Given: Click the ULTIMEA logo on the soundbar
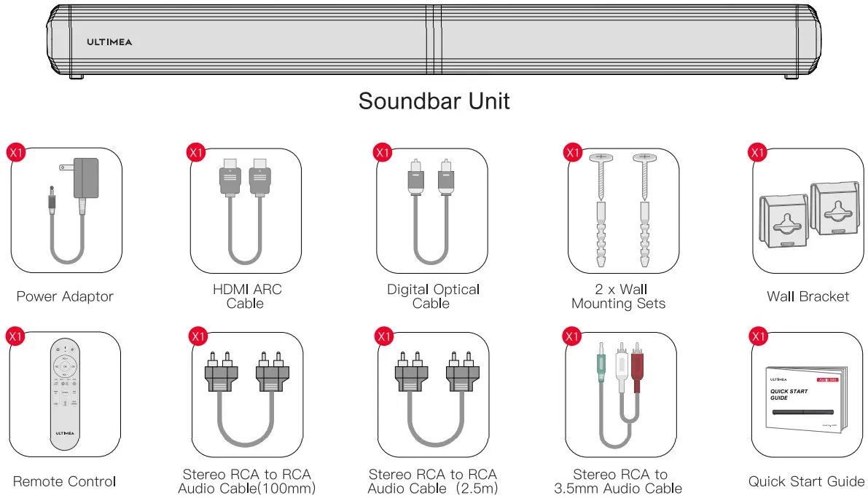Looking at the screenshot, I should pyautogui.click(x=109, y=42).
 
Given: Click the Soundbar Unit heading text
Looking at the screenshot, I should pyautogui.click(x=434, y=100).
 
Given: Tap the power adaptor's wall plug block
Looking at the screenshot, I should pyautogui.click(x=85, y=178).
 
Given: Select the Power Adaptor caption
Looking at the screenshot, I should pyautogui.click(x=65, y=296).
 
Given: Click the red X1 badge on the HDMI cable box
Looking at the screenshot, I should pyautogui.click(x=196, y=152).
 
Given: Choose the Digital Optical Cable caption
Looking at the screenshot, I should pyautogui.click(x=433, y=296).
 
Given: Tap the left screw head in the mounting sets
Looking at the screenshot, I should pyautogui.click(x=601, y=157).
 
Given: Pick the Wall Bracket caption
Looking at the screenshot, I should pyautogui.click(x=808, y=296).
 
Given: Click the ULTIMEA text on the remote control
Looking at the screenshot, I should pyautogui.click(x=65, y=433).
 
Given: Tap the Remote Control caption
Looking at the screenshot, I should pyautogui.click(x=65, y=481).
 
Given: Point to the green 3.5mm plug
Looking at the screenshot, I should pyautogui.click(x=599, y=368).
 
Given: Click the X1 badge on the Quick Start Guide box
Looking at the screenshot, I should pyautogui.click(x=758, y=336).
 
